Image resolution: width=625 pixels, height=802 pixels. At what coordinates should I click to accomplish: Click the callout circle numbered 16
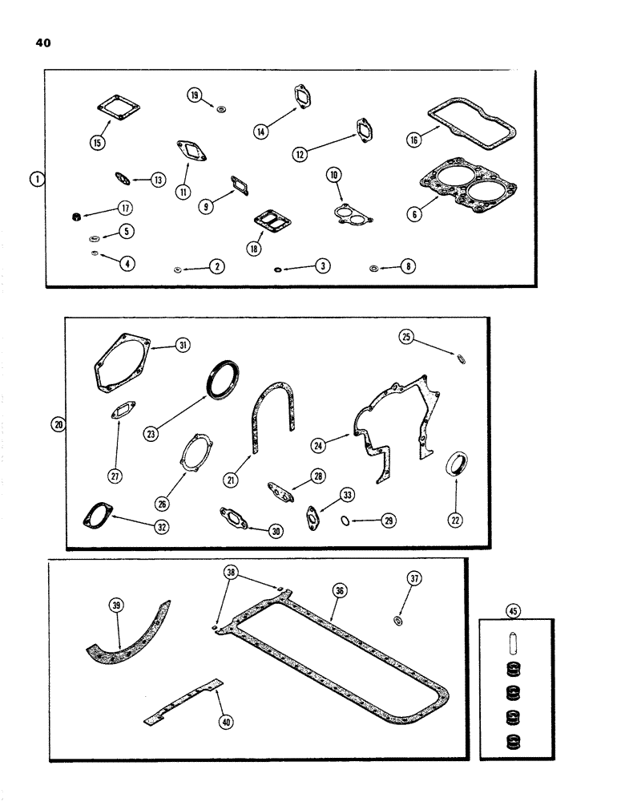click(x=413, y=140)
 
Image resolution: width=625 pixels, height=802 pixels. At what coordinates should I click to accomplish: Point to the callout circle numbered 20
click(x=57, y=424)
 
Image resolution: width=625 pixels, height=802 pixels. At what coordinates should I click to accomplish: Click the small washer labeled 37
click(x=397, y=621)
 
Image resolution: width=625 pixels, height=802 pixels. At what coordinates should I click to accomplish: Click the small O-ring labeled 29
click(x=345, y=520)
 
